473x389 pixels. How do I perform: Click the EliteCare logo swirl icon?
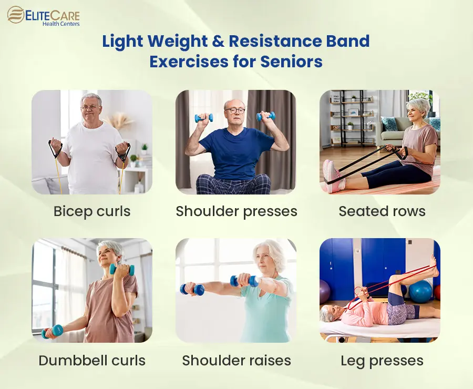click(x=16, y=15)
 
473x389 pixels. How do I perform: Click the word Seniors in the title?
click(x=291, y=62)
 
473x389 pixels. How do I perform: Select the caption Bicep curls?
click(x=92, y=211)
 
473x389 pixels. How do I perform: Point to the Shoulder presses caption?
click(x=236, y=211)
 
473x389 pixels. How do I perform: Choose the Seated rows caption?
click(x=382, y=211)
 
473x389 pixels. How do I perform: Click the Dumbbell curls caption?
click(x=92, y=360)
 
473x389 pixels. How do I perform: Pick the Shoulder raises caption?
click(x=236, y=360)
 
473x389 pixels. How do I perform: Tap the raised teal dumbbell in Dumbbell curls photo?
click(x=121, y=270)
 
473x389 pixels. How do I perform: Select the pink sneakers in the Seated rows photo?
click(x=334, y=176)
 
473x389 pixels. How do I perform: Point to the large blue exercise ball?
click(x=420, y=291)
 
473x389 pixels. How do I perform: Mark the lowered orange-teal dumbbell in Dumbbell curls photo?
click(x=53, y=331)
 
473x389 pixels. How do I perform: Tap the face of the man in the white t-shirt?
click(x=90, y=108)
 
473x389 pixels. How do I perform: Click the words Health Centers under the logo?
click(x=61, y=24)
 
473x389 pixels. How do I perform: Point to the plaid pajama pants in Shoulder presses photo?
click(x=233, y=184)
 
